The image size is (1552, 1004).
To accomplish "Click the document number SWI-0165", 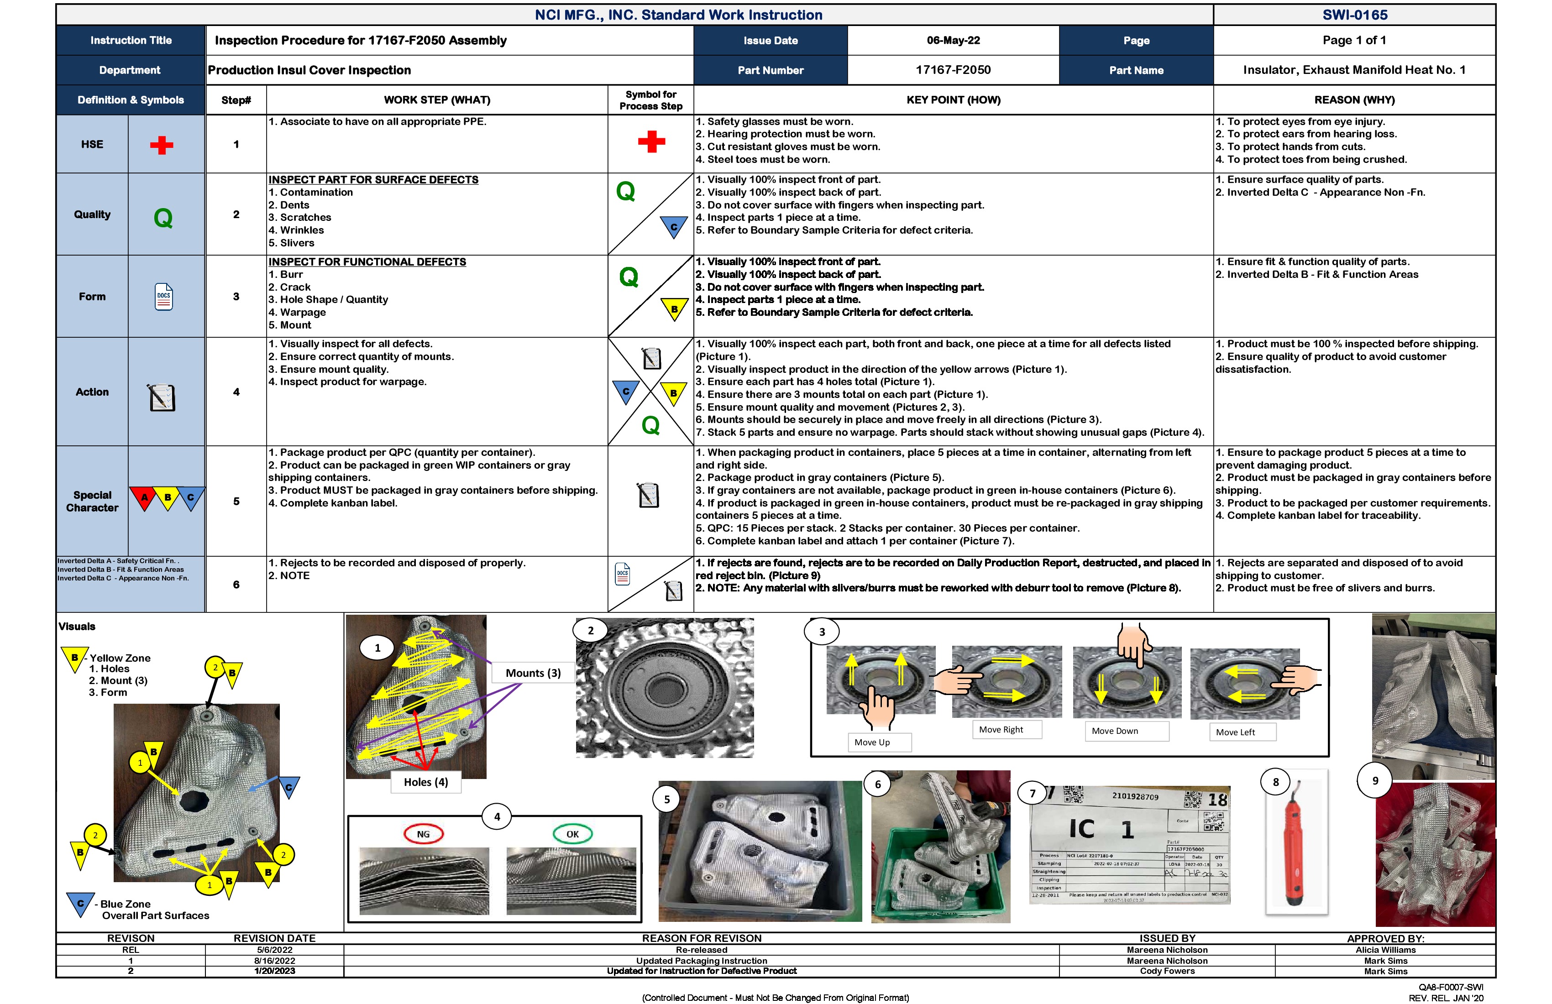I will click(x=1354, y=15).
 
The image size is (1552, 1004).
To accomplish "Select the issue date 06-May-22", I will click(x=953, y=41).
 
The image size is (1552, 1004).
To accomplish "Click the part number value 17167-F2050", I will click(x=953, y=70).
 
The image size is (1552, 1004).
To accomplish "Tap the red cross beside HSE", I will click(x=162, y=145).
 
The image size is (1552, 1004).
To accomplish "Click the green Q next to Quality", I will click(x=163, y=218).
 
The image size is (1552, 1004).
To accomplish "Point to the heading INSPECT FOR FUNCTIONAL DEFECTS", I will click(x=367, y=262).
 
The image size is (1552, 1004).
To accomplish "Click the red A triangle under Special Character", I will click(x=144, y=497).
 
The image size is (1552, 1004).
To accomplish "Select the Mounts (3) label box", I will click(x=533, y=673).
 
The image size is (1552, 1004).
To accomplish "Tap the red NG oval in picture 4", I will click(x=423, y=834).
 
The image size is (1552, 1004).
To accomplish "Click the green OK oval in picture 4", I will click(x=572, y=834).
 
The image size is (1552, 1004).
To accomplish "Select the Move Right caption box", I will click(x=1001, y=730).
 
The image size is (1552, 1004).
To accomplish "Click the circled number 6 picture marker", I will click(x=878, y=784).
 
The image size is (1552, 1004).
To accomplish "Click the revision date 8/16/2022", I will click(x=274, y=961).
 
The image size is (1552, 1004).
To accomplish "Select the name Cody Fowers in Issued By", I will click(x=1167, y=972).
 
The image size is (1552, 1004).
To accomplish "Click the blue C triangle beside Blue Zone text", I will click(x=80, y=904).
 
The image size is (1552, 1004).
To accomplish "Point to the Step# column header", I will click(x=236, y=100).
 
